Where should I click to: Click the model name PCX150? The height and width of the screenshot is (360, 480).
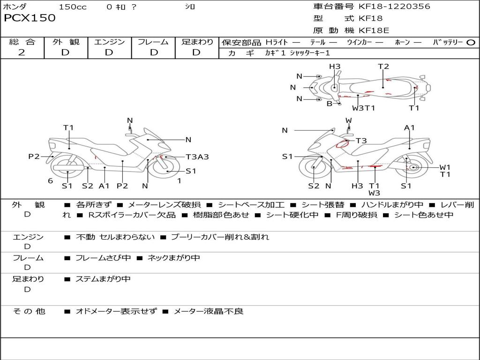[x=30, y=18]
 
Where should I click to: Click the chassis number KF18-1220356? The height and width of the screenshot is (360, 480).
[x=394, y=7]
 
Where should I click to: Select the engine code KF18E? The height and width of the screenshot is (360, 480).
[x=374, y=30]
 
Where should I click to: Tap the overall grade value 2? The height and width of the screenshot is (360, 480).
[x=22, y=52]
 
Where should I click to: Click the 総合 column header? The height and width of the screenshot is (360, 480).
[x=22, y=42]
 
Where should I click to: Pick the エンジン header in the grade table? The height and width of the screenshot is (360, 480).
[x=109, y=42]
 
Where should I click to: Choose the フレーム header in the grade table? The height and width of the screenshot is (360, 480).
[x=153, y=42]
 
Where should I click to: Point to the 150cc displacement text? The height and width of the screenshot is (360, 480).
[x=73, y=7]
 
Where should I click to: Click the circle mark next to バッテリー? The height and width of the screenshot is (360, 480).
[x=471, y=43]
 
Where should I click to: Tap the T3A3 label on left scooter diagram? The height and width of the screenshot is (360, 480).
[x=197, y=157]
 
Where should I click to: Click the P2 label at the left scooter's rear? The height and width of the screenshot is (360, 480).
[x=34, y=157]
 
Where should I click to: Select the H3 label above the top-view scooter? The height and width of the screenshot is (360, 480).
[x=334, y=67]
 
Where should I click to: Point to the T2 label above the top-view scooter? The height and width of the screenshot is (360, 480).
[x=383, y=67]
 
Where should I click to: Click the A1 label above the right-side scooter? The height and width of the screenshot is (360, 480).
[x=410, y=127]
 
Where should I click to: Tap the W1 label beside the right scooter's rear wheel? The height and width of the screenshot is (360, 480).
[x=445, y=167]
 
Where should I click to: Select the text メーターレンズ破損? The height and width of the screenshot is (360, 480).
[x=164, y=205]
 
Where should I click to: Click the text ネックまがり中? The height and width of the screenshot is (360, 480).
[x=173, y=258]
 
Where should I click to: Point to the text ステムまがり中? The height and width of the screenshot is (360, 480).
[x=103, y=279]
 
